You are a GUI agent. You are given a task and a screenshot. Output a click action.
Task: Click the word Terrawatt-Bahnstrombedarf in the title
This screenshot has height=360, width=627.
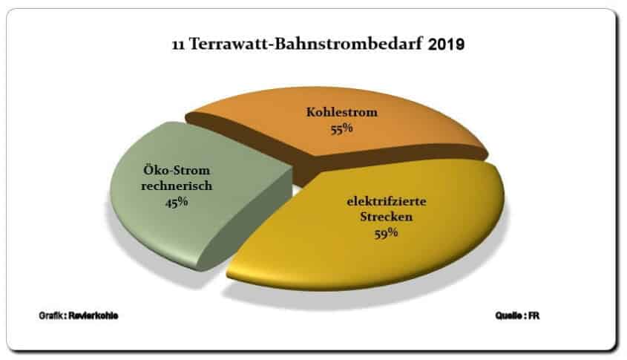[306, 44]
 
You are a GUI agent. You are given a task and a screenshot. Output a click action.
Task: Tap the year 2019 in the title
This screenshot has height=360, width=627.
[446, 45]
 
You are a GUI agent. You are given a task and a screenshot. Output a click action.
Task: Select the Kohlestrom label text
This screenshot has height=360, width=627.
[342, 112]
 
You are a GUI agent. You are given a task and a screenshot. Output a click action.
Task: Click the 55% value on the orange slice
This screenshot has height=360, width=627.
[341, 128]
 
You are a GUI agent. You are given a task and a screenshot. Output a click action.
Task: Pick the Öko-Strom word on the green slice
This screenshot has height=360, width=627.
[177, 170]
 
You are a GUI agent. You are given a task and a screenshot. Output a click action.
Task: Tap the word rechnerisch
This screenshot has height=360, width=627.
[177, 186]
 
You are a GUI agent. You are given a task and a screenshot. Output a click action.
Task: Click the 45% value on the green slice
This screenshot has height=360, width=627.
[177, 202]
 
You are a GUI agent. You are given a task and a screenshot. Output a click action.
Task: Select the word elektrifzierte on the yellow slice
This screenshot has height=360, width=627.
[387, 201]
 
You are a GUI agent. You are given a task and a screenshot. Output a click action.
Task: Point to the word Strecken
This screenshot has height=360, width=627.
[387, 217]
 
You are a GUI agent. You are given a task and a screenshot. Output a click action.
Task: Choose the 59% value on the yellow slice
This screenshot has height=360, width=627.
[386, 233]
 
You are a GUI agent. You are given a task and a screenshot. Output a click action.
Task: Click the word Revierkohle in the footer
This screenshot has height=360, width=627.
[93, 315]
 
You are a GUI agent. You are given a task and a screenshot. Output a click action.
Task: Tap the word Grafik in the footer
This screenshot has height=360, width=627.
[51, 315]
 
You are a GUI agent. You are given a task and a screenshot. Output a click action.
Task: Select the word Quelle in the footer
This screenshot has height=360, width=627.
[508, 315]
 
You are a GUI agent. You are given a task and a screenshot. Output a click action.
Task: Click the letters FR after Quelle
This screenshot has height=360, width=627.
[534, 315]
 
